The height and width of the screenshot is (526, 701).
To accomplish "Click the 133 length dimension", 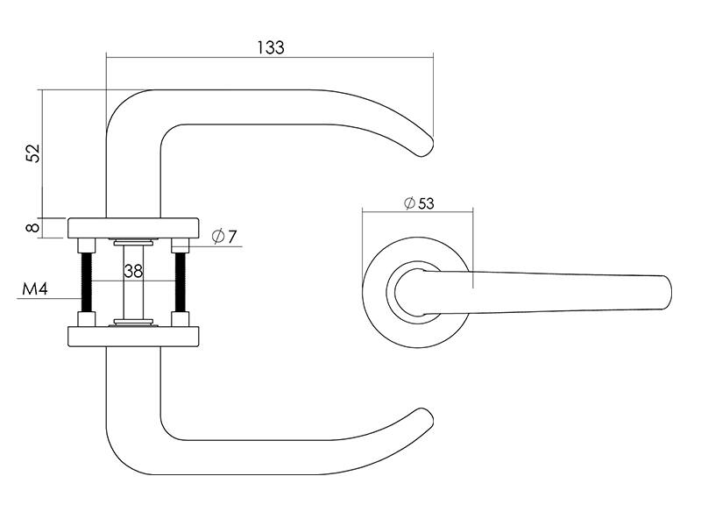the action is point(271,47).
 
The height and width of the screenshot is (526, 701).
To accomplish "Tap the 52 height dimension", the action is point(33,153).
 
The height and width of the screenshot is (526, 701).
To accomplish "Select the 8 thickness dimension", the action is point(33,228).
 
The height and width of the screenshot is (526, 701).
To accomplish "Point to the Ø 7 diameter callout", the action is point(224,236).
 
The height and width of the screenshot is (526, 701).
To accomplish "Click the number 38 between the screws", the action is point(133,271).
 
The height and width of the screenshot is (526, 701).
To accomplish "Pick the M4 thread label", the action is point(35,289).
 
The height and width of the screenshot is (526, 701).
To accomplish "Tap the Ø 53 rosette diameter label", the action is point(419,203).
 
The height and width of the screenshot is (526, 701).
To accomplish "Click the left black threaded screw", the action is point(86,282).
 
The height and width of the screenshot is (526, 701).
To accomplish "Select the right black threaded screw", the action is point(181,282).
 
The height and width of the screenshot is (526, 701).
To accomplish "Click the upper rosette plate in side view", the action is point(133,228).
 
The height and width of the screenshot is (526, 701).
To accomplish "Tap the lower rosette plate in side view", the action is point(133,337).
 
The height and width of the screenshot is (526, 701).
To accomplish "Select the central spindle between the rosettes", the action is point(133,282).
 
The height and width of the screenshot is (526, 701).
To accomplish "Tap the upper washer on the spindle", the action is point(133,243).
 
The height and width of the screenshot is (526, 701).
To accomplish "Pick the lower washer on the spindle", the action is point(133,322).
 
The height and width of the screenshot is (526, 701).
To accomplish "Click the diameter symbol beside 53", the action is point(409,203).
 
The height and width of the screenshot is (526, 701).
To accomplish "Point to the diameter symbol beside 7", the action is point(218,236).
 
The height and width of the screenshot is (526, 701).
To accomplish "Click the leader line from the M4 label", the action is point(49,298).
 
